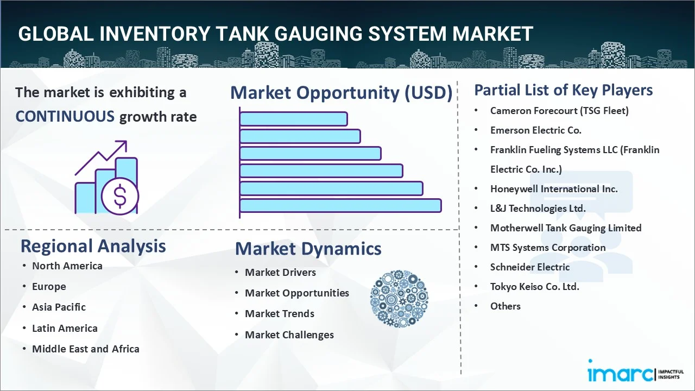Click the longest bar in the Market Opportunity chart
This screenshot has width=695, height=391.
point(340,205)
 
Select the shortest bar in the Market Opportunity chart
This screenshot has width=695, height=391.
point(293,118)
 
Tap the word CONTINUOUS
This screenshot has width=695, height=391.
point(65,116)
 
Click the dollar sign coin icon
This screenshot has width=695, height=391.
point(120,197)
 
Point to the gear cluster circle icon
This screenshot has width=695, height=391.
point(399,299)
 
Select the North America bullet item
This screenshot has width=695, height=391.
point(67,266)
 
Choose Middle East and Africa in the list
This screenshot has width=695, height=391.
point(85,349)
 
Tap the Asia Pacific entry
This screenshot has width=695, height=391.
point(59,307)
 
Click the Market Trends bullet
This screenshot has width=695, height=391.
point(279,313)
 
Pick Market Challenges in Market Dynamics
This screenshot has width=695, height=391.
point(289,335)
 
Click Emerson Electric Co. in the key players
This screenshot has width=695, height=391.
point(535,130)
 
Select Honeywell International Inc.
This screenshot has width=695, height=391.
point(554,188)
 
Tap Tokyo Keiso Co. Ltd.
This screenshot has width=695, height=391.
point(534,286)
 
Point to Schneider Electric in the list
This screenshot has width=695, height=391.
point(529,267)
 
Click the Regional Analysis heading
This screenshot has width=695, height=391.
point(93,246)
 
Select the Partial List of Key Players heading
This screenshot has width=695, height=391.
point(563,90)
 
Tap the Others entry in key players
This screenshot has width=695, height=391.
point(505,306)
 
